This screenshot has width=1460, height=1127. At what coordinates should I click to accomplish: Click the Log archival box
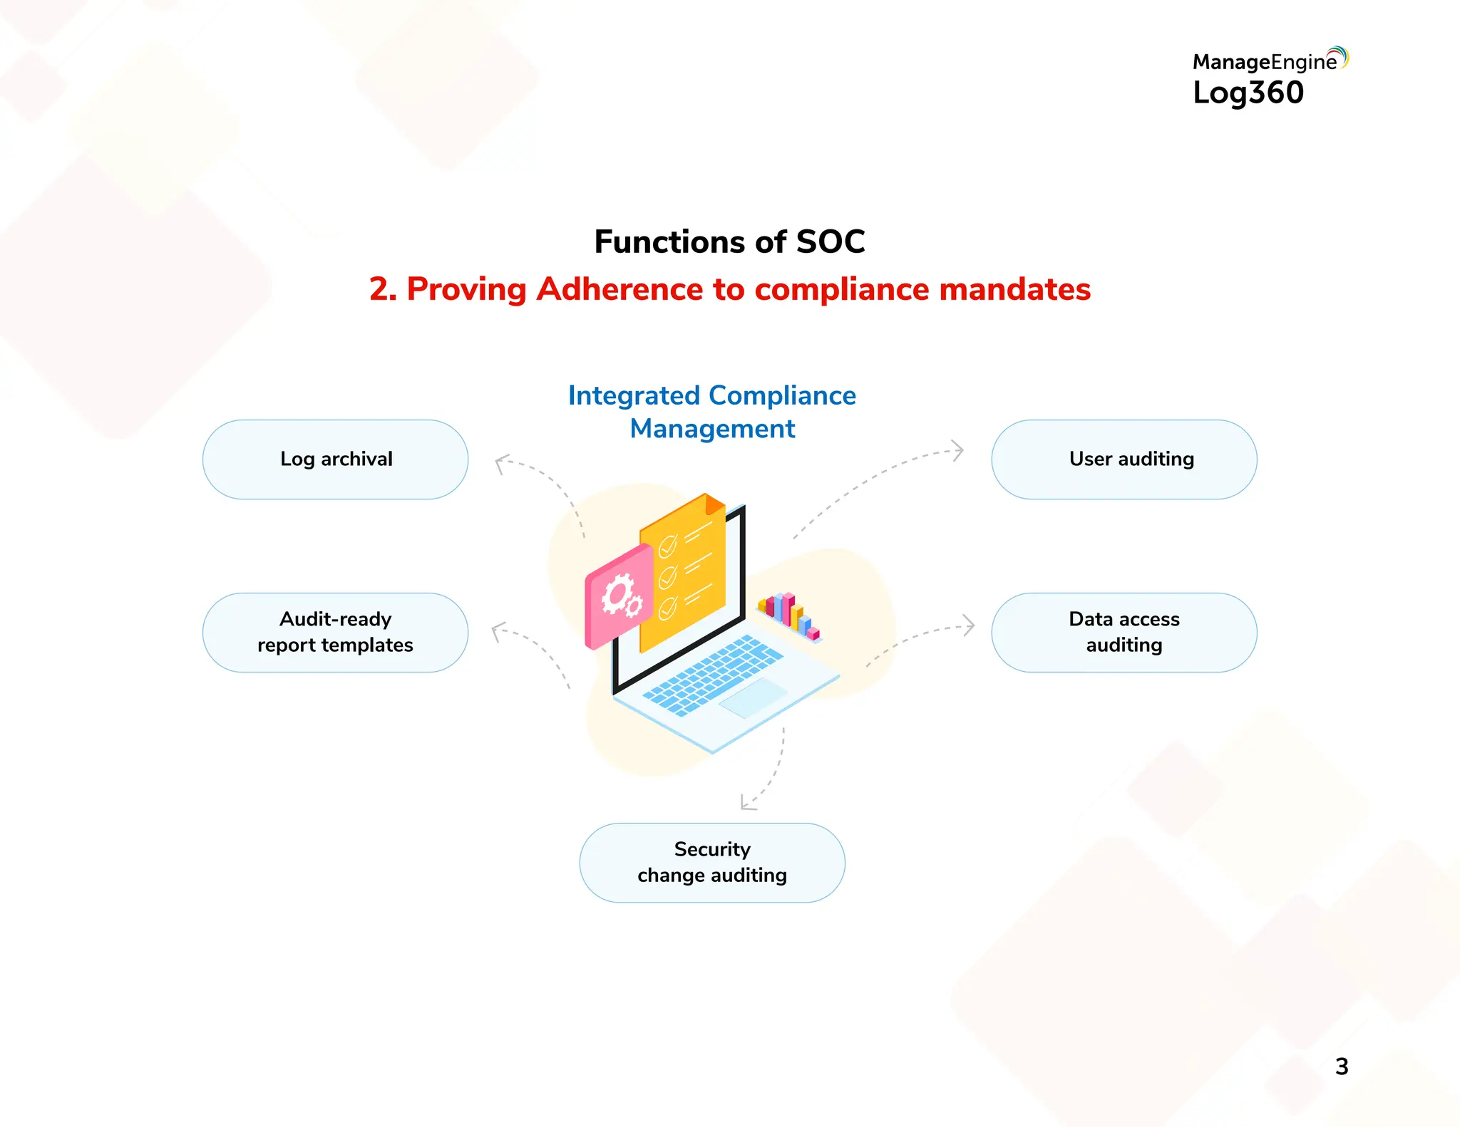point(335,459)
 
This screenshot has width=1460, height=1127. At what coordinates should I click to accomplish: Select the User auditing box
point(1124,459)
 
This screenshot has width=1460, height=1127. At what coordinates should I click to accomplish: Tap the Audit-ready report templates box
point(335,633)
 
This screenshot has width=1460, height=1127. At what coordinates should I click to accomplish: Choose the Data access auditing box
point(1124,633)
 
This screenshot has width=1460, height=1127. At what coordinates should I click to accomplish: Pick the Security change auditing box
point(711,863)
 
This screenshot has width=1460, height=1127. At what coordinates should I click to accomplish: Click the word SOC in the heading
point(830,242)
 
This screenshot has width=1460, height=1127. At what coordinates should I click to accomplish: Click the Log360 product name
point(1248,93)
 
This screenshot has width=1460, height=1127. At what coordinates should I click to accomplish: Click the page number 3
point(1341,1066)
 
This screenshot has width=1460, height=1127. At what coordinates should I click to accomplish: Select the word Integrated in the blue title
point(634,395)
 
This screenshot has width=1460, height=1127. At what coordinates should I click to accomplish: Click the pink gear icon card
point(619,597)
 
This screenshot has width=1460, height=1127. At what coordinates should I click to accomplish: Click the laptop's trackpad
point(753,697)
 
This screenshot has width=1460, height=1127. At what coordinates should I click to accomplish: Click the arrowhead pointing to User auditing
point(959,450)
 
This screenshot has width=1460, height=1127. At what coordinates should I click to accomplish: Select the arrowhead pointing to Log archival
point(501,463)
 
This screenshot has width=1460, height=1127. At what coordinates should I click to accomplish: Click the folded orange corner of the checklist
point(714,504)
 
